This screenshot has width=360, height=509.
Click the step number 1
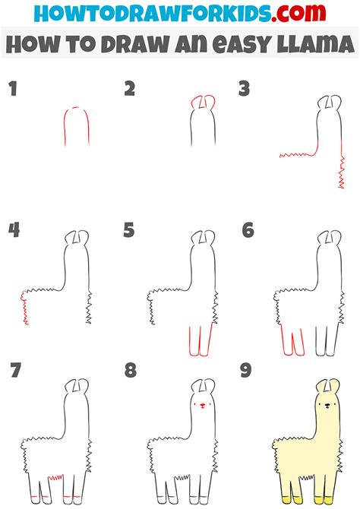pyautogui.click(x=13, y=89)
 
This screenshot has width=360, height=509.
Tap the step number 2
pyautogui.click(x=130, y=89)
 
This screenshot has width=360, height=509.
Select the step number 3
pyautogui.click(x=244, y=89)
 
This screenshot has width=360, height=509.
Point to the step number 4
pyautogui.click(x=14, y=230)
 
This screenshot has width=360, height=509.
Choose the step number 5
pyautogui.click(x=128, y=230)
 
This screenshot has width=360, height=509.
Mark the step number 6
pyautogui.click(x=248, y=230)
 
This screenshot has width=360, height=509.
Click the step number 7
pyautogui.click(x=16, y=370)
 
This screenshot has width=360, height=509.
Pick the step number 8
pyautogui.click(x=131, y=370)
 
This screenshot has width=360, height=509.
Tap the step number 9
pyautogui.click(x=246, y=370)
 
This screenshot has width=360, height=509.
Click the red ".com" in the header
pyautogui.click(x=298, y=13)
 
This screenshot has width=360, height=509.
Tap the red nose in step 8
pyautogui.click(x=203, y=405)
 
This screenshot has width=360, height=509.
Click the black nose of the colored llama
pyautogui.click(x=327, y=405)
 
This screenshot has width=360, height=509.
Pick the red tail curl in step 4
pyautogui.click(x=24, y=307)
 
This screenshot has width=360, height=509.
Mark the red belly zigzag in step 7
pyautogui.click(x=55, y=477)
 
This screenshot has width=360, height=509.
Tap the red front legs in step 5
pyautogui.click(x=201, y=341)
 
